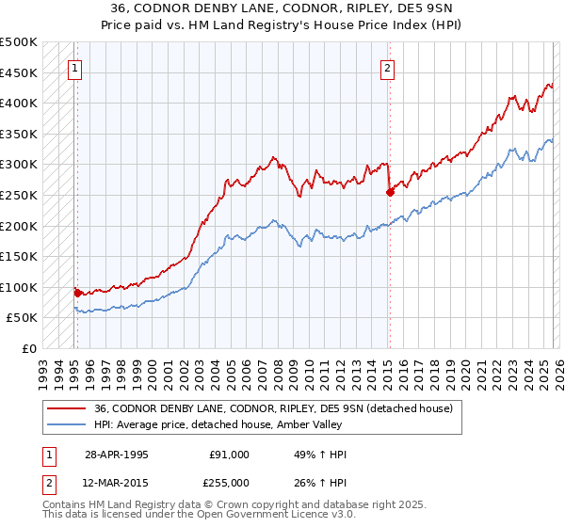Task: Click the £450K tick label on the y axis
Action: [19, 72]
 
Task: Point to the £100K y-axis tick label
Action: [19, 287]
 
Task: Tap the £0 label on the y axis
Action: [29, 348]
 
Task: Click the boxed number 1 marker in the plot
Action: [74, 68]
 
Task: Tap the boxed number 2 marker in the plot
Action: [387, 68]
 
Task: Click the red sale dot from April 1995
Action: [77, 293]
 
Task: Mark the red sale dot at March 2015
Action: [390, 192]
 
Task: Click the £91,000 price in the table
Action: [229, 455]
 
